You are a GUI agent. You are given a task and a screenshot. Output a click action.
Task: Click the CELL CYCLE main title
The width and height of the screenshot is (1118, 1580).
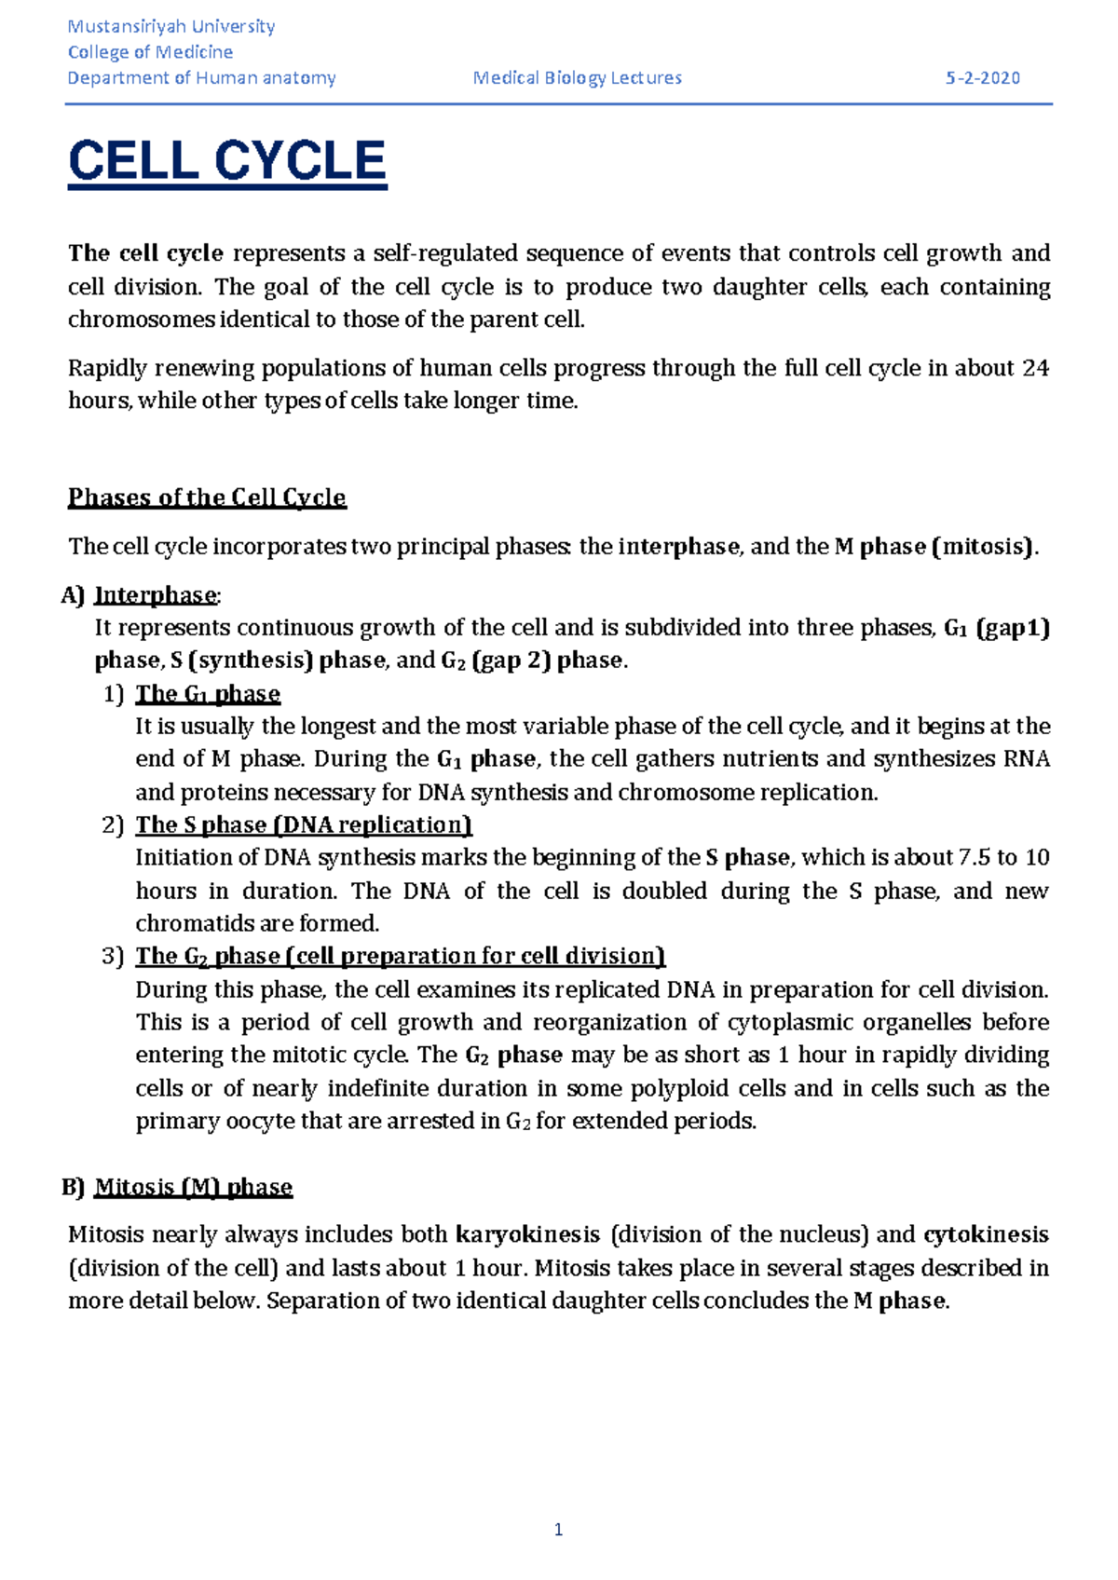226,161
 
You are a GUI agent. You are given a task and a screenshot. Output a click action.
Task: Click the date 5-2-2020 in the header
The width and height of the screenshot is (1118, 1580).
982,78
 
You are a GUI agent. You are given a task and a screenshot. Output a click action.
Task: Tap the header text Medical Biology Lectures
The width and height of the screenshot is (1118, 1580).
577,78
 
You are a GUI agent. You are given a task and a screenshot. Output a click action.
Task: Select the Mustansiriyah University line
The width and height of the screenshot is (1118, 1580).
171,26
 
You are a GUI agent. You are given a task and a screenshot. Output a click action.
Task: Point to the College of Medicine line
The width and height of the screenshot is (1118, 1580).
150,52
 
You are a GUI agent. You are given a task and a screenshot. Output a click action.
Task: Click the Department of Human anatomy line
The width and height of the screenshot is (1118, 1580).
201,78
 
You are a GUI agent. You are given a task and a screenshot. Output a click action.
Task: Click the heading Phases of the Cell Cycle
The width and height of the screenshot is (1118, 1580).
207,497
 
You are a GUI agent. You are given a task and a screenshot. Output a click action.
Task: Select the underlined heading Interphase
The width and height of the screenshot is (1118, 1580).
156,595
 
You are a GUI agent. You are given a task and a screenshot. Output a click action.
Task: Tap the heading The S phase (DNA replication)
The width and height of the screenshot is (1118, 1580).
304,825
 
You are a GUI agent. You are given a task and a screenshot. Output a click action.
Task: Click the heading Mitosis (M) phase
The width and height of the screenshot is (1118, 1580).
193,1187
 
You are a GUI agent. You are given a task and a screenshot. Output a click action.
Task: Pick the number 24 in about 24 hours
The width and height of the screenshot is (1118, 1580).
1035,369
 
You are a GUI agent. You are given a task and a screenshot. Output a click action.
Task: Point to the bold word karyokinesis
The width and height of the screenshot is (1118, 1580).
527,1235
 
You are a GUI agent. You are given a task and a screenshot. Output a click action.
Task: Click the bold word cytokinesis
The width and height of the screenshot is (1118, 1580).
986,1235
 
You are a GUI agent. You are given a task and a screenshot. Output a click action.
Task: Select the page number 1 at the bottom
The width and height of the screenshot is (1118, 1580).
558,1530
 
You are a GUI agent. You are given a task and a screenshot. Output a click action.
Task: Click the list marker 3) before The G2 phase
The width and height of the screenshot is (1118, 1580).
113,957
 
